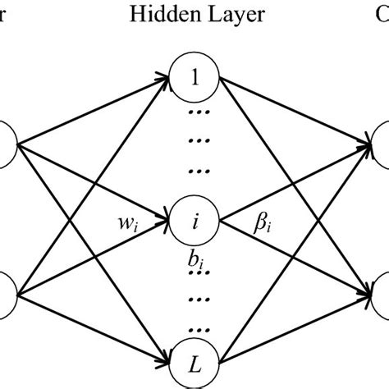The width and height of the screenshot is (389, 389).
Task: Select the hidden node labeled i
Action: pyautogui.click(x=194, y=220)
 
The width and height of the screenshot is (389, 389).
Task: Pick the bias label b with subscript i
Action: pyautogui.click(x=194, y=262)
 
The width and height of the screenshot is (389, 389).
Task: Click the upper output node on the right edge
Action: pyautogui.click(x=382, y=146)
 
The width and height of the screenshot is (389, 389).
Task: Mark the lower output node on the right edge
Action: pyautogui.click(x=382, y=295)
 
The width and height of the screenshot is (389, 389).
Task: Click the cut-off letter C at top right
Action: pyautogui.click(x=383, y=14)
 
